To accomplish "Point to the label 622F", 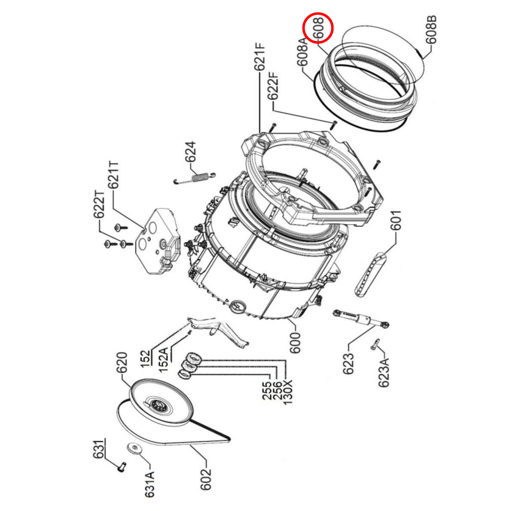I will pyautogui.click(x=273, y=87).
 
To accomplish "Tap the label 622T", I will pyautogui.click(x=99, y=204).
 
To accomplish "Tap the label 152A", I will pyautogui.click(x=163, y=359).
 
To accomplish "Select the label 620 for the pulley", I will pyautogui.click(x=122, y=363).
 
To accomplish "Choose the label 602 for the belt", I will pyautogui.click(x=206, y=479).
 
